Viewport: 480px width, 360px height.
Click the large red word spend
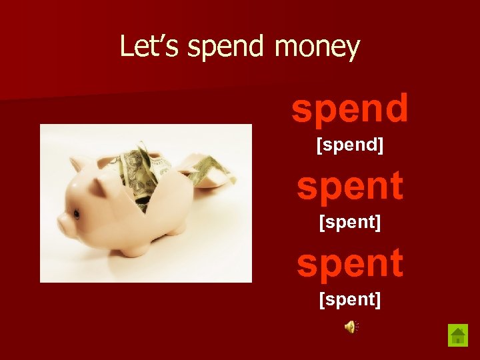[x=349, y=109]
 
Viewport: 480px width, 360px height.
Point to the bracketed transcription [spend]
[x=349, y=145]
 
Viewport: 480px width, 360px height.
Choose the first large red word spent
[x=349, y=187]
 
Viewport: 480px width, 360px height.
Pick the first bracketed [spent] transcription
[x=349, y=222]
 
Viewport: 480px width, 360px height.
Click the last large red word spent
[x=349, y=263]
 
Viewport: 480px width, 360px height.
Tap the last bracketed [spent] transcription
[x=349, y=299]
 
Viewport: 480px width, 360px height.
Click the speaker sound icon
[x=351, y=326]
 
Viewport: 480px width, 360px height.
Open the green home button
[x=457, y=334]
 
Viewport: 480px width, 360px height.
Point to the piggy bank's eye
[x=77, y=214]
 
